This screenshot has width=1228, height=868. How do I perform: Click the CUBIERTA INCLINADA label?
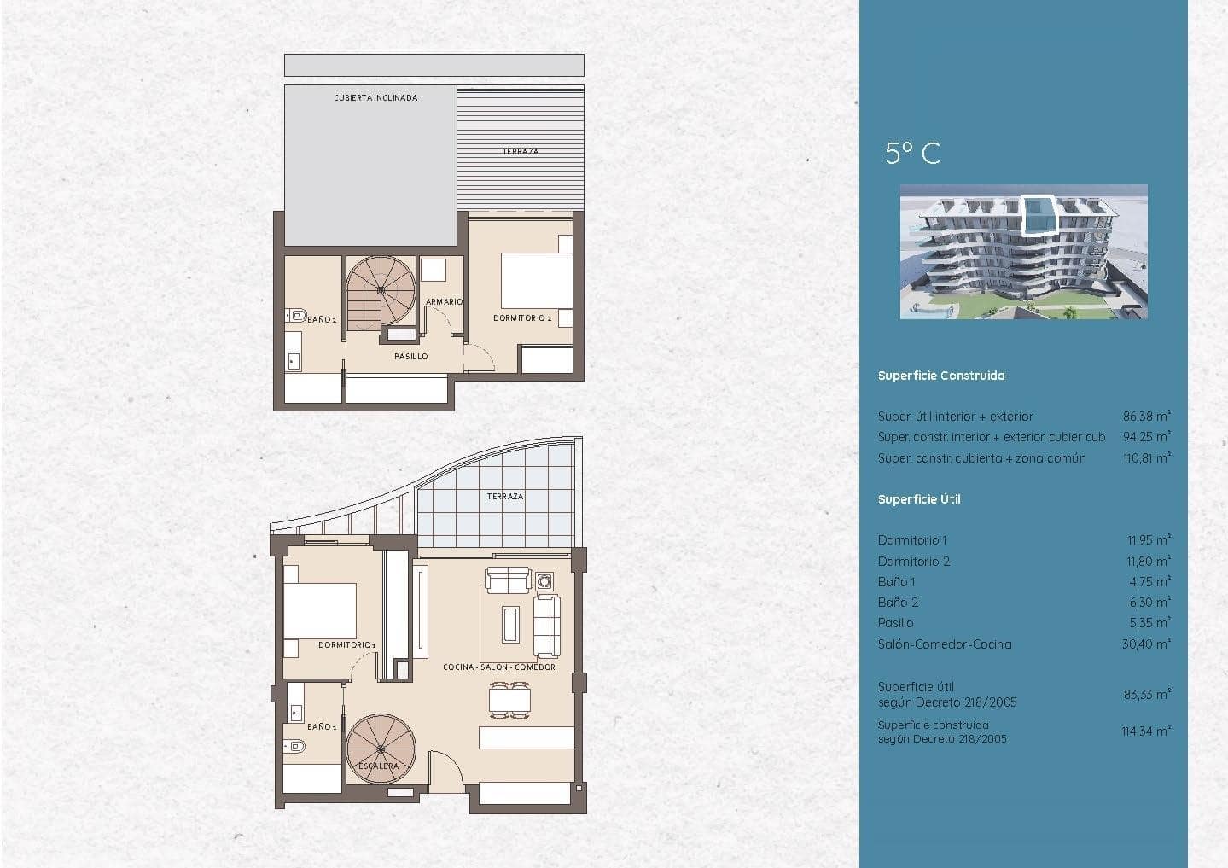pyautogui.click(x=375, y=97)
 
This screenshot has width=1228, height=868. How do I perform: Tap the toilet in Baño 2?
pyautogui.click(x=295, y=315)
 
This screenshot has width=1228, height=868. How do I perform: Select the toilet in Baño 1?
pyautogui.click(x=294, y=746)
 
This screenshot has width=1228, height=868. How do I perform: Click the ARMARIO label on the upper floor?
pyautogui.click(x=444, y=301)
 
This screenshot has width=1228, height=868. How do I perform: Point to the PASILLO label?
pyautogui.click(x=411, y=357)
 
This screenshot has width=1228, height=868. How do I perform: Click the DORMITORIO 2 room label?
pyautogui.click(x=522, y=318)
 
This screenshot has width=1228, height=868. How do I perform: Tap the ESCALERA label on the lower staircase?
pyautogui.click(x=378, y=766)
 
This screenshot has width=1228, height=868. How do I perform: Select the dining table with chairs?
pyautogui.click(x=509, y=700)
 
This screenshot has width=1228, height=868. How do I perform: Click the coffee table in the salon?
pyautogui.click(x=510, y=625)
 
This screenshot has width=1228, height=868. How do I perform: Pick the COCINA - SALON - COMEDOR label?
pyautogui.click(x=499, y=667)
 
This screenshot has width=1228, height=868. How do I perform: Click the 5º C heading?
pyautogui.click(x=913, y=153)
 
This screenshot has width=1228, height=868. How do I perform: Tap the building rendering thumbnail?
pyautogui.click(x=1023, y=252)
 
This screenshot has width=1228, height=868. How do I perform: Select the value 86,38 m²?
pyautogui.click(x=1147, y=417)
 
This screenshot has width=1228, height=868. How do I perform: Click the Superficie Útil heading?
pyautogui.click(x=919, y=499)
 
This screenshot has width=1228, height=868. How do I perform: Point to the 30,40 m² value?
pyautogui.click(x=1146, y=644)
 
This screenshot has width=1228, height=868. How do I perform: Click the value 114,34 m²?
pyautogui.click(x=1146, y=731)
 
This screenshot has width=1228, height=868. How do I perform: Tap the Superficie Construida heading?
pyautogui.click(x=941, y=376)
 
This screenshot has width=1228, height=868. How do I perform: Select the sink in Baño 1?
pyautogui.click(x=296, y=711)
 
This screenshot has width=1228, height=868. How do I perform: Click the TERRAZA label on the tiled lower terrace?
pyautogui.click(x=505, y=496)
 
